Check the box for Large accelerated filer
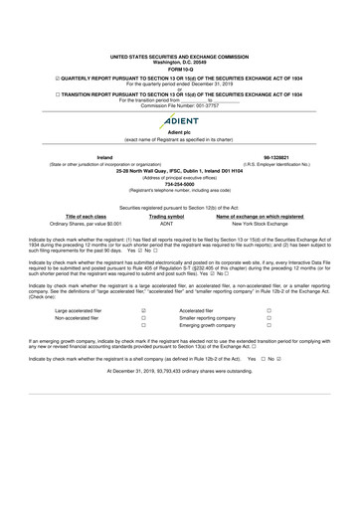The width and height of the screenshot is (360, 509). pyautogui.click(x=144, y=311)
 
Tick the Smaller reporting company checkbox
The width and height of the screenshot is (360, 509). pyautogui.click(x=268, y=319)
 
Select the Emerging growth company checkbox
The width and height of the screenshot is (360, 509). pyautogui.click(x=268, y=327)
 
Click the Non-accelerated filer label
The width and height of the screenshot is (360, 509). pyautogui.click(x=62, y=319)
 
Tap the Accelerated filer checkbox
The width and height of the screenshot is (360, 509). pyautogui.click(x=268, y=311)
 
